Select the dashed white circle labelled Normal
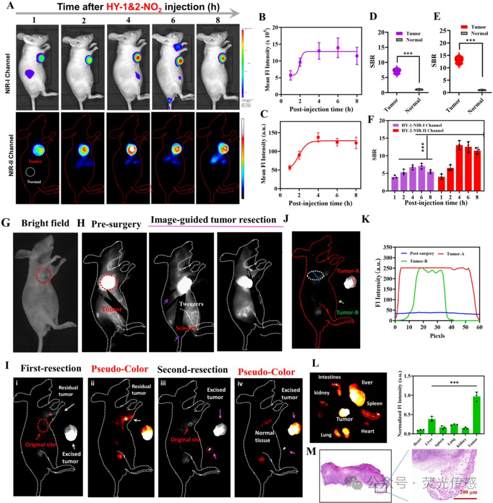[31, 172]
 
